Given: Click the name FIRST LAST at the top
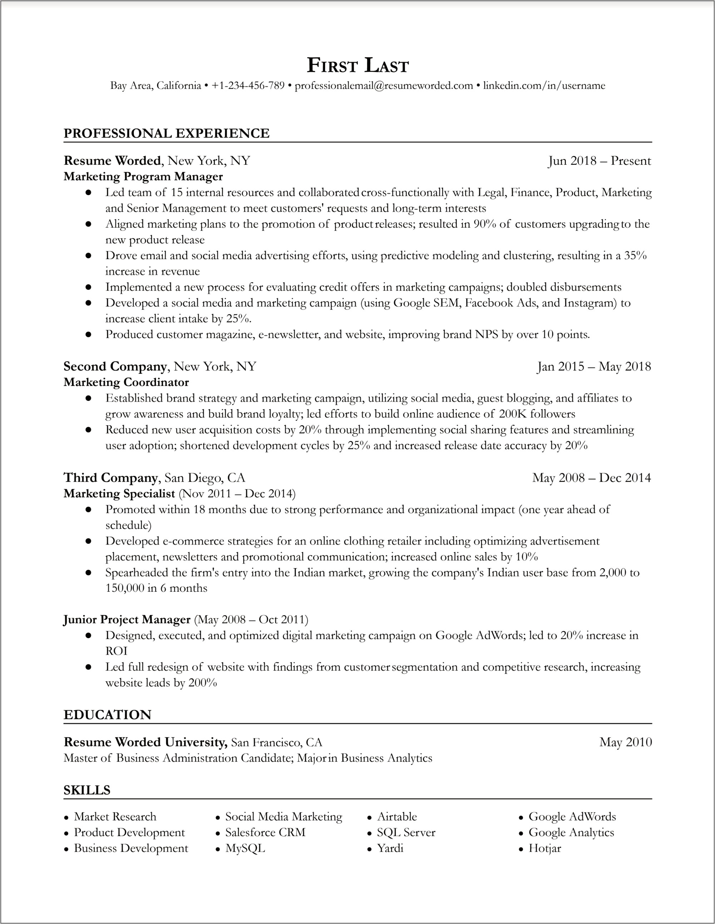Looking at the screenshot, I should [358, 66].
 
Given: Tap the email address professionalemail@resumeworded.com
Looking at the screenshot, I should [384, 86].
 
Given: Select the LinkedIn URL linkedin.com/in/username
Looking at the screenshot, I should [544, 86].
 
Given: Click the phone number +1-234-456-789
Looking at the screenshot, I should [248, 86].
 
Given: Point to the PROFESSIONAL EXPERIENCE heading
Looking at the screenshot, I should [166, 133].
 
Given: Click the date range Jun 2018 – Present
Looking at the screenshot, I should [600, 161].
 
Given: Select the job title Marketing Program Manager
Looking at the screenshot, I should [143, 177].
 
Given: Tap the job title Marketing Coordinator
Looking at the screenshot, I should [126, 382].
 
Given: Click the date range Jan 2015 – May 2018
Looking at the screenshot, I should [594, 366].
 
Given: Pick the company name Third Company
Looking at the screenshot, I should [110, 478].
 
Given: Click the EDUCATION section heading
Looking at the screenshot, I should [107, 715].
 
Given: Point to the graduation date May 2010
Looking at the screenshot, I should [625, 742].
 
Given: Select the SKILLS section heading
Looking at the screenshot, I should [87, 790].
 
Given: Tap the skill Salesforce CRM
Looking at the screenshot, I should [265, 833].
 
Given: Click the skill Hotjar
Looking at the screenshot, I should [544, 848].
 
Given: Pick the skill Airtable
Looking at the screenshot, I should [397, 816].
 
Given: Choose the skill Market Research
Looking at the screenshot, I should [115, 816].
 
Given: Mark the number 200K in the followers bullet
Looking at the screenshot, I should [513, 414].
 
